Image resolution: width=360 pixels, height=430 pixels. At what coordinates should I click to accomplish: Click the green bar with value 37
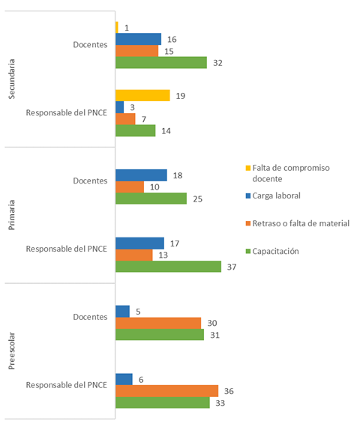pyautogui.click(x=169, y=267)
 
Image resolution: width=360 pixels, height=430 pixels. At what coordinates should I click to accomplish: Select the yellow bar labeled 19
pyautogui.click(x=143, y=95)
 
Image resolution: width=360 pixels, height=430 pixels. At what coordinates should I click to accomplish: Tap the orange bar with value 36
pyautogui.click(x=166, y=391)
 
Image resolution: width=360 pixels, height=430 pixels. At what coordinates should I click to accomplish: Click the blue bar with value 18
pyautogui.click(x=141, y=175)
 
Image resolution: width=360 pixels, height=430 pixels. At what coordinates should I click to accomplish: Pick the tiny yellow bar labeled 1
pyautogui.click(x=117, y=27)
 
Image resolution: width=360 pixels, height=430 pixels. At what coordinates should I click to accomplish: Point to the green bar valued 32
pyautogui.click(x=161, y=63)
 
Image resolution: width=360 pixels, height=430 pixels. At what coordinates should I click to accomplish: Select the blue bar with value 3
pyautogui.click(x=120, y=107)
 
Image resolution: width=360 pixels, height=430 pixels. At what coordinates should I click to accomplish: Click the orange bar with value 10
pyautogui.click(x=130, y=187)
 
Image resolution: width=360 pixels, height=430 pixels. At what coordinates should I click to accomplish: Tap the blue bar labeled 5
pyautogui.click(x=122, y=311)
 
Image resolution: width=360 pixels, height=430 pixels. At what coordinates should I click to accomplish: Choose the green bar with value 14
pyautogui.click(x=136, y=130)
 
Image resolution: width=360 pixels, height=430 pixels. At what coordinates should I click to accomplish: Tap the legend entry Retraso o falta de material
pyautogui.click(x=298, y=224)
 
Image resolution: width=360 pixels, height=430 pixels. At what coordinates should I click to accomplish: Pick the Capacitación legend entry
pyautogui.click(x=277, y=251)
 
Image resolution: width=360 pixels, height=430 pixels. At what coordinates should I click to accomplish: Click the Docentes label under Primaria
pyautogui.click(x=91, y=181)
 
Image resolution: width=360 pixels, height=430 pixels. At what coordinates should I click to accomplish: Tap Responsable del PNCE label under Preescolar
pyautogui.click(x=67, y=385)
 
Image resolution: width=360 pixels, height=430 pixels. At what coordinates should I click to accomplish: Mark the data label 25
pyautogui.click(x=197, y=199)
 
